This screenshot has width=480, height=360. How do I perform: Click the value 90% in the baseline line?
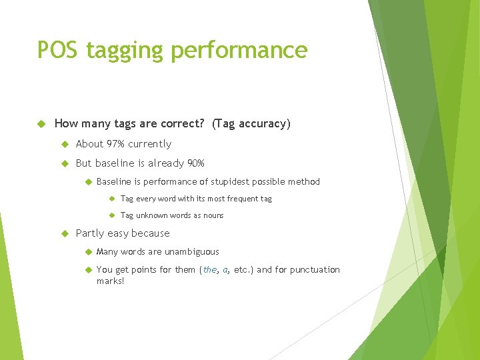click(x=195, y=163)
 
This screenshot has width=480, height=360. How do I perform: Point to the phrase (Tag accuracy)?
click(x=251, y=124)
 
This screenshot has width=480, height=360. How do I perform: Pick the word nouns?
click(x=211, y=215)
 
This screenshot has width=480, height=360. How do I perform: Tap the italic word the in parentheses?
click(x=210, y=270)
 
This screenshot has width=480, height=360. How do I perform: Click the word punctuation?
click(x=313, y=270)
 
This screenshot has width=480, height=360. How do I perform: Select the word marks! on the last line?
click(x=111, y=281)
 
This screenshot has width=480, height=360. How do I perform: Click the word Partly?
click(x=89, y=233)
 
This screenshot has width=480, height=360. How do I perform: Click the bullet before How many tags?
click(x=41, y=123)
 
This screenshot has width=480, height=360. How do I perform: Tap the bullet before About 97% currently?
click(x=65, y=144)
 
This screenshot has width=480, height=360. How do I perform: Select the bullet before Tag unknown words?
click(x=111, y=215)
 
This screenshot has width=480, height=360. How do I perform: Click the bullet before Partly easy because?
click(x=65, y=233)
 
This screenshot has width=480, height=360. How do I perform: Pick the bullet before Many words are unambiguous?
click(x=87, y=252)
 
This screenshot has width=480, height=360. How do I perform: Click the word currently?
click(x=150, y=144)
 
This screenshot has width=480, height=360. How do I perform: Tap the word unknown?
click(x=151, y=215)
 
